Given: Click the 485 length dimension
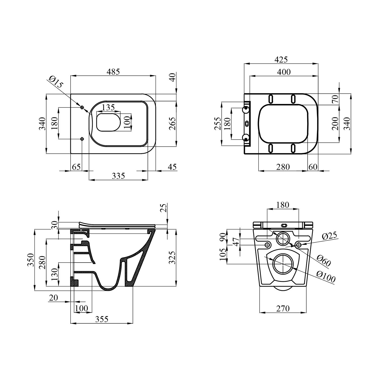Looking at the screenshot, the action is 113,72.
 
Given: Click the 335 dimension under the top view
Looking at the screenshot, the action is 118,176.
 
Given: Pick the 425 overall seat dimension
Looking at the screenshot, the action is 281,59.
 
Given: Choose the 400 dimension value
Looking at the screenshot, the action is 284,72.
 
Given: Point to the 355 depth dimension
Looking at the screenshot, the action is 102,319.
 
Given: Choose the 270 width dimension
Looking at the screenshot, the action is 283,308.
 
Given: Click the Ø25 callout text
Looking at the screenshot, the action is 329,236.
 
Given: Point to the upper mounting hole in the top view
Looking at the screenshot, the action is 82,108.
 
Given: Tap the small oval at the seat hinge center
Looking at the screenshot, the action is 247,123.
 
